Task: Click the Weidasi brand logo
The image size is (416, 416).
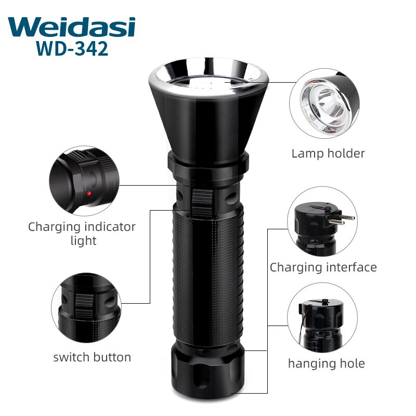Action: (x=72, y=27)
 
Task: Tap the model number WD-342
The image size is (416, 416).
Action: (x=72, y=48)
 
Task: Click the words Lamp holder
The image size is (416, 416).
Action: (x=328, y=153)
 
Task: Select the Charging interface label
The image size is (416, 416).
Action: (x=323, y=267)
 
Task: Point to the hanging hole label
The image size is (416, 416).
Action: (x=327, y=363)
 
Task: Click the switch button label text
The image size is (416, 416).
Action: (x=92, y=357)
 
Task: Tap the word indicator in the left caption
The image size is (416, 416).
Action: (x=110, y=227)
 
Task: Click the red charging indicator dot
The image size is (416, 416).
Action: (x=89, y=193)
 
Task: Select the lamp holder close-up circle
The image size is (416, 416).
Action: (x=324, y=103)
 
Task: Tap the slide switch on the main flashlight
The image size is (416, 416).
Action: (x=202, y=203)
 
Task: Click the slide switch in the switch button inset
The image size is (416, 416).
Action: (x=85, y=305)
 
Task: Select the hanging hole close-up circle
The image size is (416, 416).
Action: (x=322, y=318)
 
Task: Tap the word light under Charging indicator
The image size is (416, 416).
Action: (x=83, y=241)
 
